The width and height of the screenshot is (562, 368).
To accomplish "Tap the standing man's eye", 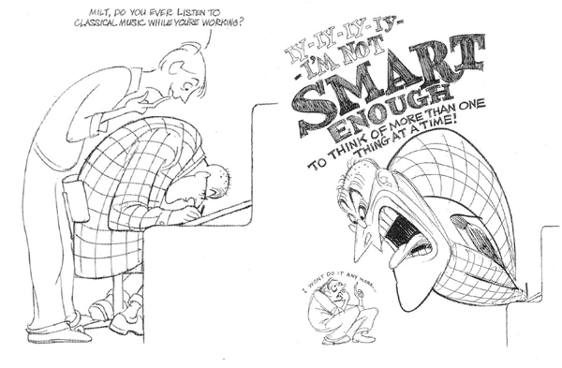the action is click(x=185, y=85).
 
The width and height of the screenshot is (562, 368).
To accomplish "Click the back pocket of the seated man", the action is click(x=75, y=198).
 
